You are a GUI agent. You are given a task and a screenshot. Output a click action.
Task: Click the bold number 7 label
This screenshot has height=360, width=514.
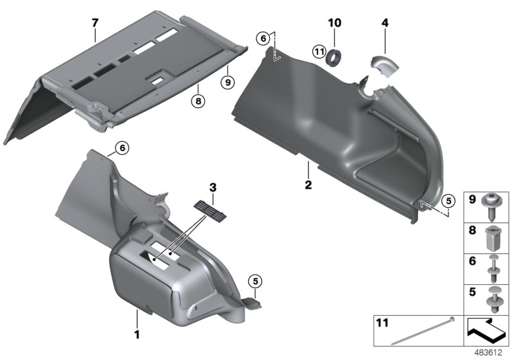click(x=94, y=22)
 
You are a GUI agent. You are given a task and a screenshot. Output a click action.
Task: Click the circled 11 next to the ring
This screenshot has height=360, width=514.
click(x=319, y=51)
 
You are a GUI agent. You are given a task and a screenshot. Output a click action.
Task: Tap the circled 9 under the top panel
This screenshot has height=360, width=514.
click(x=225, y=82)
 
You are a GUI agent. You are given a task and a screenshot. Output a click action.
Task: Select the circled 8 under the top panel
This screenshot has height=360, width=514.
click(x=199, y=100)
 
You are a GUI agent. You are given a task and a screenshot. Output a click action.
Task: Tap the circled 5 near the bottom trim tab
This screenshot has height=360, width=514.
click(x=255, y=280)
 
